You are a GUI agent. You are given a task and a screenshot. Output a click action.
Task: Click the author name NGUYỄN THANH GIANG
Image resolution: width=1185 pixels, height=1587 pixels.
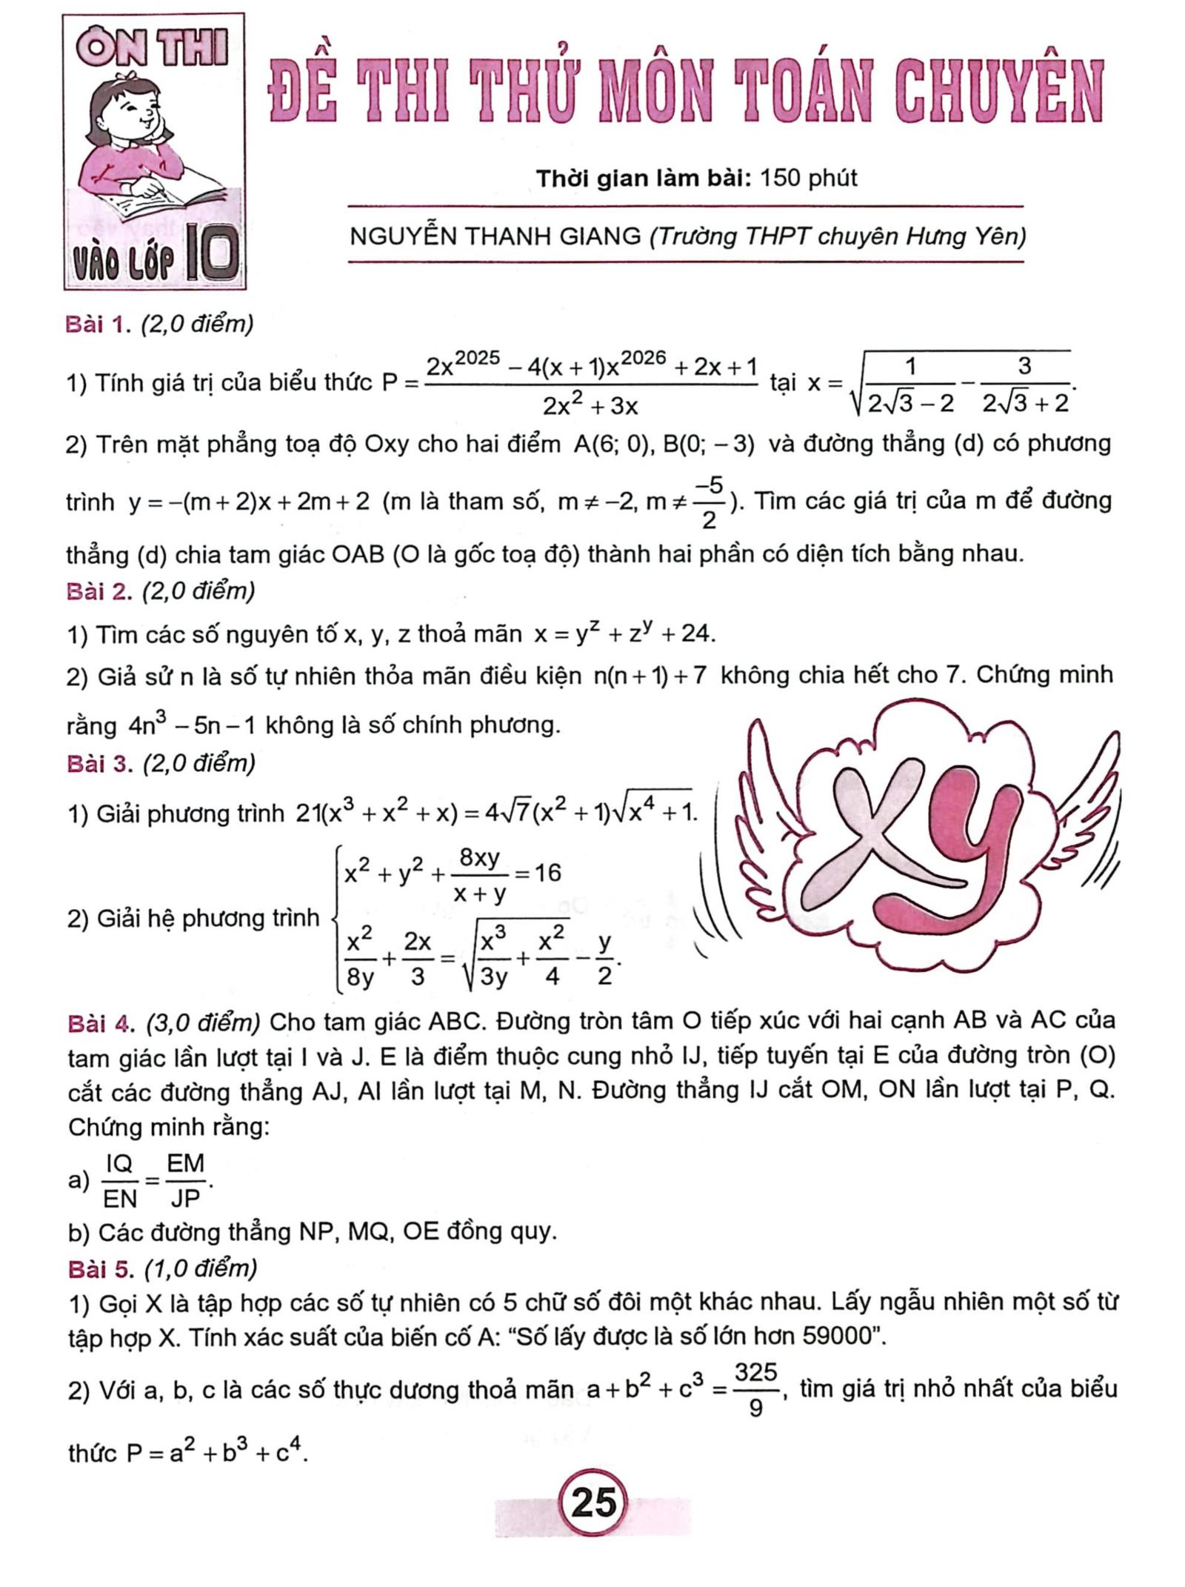click(x=495, y=236)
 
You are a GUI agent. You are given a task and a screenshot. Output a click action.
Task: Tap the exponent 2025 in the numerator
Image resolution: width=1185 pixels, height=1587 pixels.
click(x=478, y=358)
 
